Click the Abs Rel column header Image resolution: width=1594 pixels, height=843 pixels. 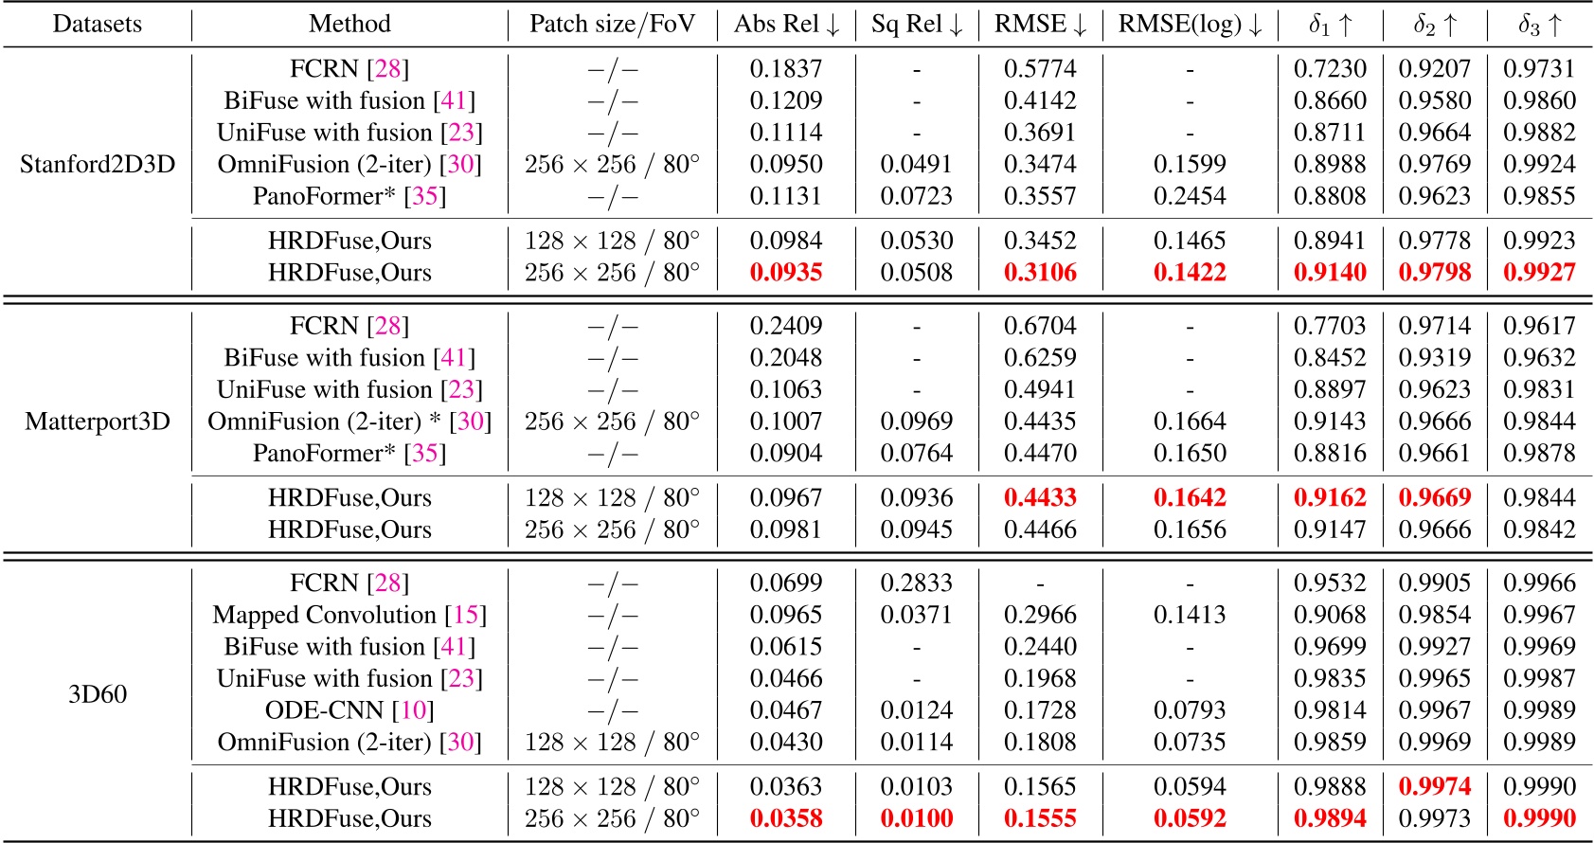coord(786,25)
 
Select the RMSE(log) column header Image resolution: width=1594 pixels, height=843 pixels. coord(1190,25)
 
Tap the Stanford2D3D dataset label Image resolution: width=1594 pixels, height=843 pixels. coord(98,165)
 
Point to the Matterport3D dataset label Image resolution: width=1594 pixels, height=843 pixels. coord(98,421)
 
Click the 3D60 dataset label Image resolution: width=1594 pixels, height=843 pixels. coord(98,694)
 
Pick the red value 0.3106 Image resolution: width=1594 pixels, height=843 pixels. coord(1040,273)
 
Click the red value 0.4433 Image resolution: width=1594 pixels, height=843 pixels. coord(1040,498)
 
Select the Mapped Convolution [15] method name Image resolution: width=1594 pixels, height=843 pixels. coord(349,616)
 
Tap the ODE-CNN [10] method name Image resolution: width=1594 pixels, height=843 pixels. coord(349,711)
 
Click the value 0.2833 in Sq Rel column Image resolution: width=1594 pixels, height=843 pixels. coord(916,583)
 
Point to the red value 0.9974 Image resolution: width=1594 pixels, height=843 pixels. coord(1435,787)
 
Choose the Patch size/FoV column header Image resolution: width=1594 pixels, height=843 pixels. coord(612,25)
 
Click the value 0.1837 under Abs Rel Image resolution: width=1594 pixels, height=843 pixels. coord(786,69)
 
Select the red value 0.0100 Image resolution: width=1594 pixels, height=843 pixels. coord(916,819)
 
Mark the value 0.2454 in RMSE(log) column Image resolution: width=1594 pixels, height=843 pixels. coord(1190,197)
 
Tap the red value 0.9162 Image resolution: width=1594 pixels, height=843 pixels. coord(1330,498)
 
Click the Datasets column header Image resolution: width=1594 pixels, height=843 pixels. coord(98,25)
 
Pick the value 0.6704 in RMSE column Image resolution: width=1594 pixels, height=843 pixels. coord(1040,327)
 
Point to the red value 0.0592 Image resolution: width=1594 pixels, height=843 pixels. coord(1190,819)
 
